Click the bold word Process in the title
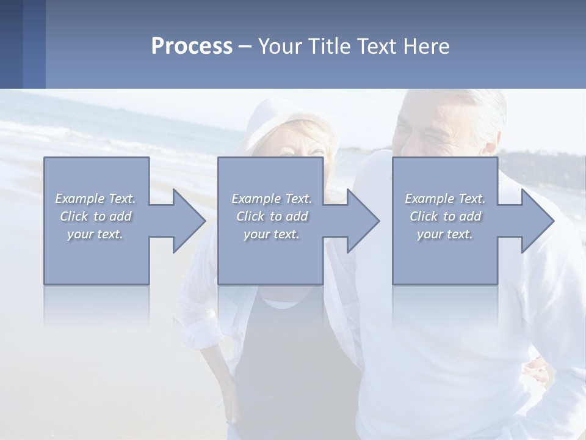coord(192,46)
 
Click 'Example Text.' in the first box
coord(95,199)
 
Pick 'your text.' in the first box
coord(95,234)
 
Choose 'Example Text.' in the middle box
coord(272,199)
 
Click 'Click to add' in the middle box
coord(272,216)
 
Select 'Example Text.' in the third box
coord(445,199)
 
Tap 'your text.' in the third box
coord(445,234)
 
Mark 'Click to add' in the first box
coord(95,216)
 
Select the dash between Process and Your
coord(245,46)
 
